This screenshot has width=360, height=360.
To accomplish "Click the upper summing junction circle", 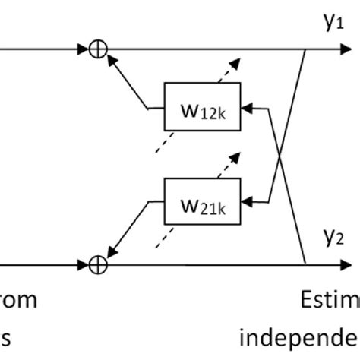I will point(99,50).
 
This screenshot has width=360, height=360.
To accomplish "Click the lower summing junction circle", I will point(99,265).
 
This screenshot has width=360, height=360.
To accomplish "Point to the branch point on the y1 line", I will point(305,50).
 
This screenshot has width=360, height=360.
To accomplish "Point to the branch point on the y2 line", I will point(305,265).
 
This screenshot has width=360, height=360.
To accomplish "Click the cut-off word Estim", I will point(327,302).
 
